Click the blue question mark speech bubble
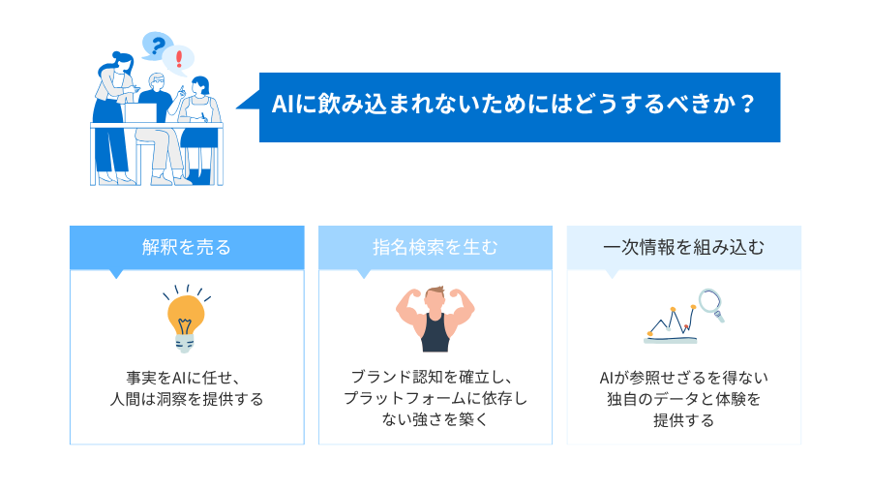pyautogui.click(x=155, y=45)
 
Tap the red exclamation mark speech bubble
pyautogui.click(x=179, y=60)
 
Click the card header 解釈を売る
pyautogui.click(x=187, y=247)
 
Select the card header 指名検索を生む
pyautogui.click(x=435, y=247)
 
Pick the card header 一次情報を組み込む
pyautogui.click(x=683, y=247)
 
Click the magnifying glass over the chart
pyautogui.click(x=711, y=303)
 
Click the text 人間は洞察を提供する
pyautogui.click(x=187, y=399)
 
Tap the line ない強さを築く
pyautogui.click(x=435, y=420)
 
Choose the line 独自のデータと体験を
pyautogui.click(x=683, y=399)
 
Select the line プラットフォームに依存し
pyautogui.click(x=435, y=399)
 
